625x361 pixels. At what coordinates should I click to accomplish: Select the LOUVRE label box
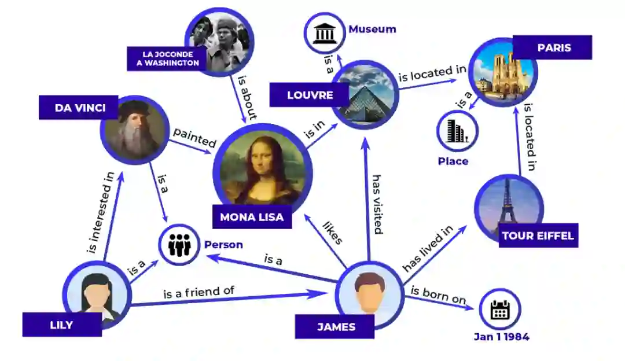click(x=310, y=95)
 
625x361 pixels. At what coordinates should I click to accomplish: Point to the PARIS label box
click(x=554, y=47)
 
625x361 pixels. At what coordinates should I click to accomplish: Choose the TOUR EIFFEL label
click(x=538, y=235)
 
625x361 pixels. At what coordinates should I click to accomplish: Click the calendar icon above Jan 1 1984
click(x=499, y=310)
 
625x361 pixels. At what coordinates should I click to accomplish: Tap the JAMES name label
click(x=334, y=327)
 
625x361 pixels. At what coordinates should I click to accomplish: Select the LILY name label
click(x=61, y=325)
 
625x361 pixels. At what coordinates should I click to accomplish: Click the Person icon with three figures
click(x=179, y=245)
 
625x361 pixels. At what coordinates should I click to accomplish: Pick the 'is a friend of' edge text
click(x=198, y=292)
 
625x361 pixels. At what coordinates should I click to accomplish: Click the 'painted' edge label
click(x=194, y=138)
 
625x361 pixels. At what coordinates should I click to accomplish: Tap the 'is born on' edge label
click(x=438, y=295)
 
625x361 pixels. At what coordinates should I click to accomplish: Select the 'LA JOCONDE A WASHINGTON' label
click(x=167, y=58)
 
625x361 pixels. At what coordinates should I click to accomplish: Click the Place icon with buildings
click(x=457, y=131)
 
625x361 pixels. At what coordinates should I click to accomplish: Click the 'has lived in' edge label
click(x=428, y=249)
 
